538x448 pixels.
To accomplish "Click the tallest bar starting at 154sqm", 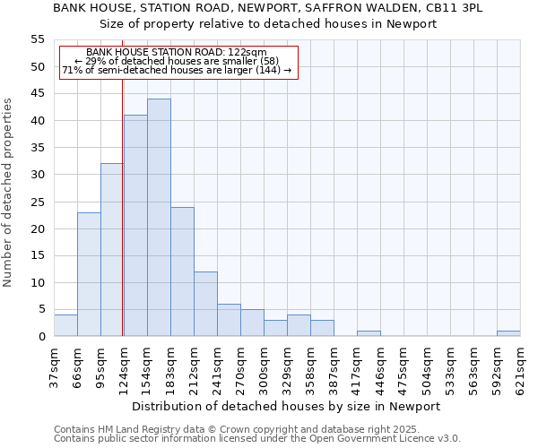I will pos(159,218).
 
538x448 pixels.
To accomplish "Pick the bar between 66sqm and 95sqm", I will pos(89,274).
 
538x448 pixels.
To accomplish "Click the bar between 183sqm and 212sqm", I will pos(182,271).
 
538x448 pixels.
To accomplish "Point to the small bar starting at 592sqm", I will pos(508,333).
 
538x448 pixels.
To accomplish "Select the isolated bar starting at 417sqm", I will pos(369,333).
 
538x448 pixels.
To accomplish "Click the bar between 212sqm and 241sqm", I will pos(205,304).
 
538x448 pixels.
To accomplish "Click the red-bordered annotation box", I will pos(177,62).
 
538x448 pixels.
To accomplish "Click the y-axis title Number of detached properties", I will pos(9,193).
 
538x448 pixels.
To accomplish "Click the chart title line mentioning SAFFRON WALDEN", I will pos(267,8).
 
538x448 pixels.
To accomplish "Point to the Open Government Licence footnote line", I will pos(257,438).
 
